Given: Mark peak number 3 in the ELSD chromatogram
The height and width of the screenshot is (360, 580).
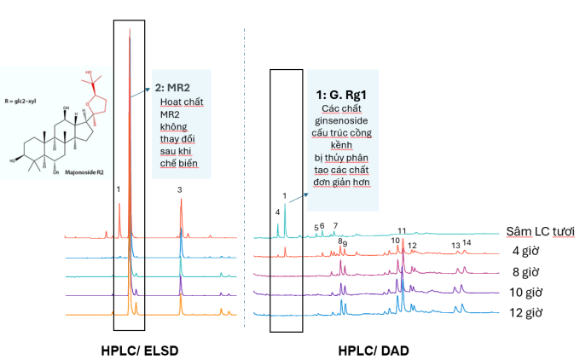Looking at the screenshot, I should (x=180, y=190).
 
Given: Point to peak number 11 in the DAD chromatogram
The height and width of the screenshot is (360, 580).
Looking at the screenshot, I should (x=402, y=230).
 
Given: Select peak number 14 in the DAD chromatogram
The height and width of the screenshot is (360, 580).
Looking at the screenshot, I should (x=467, y=242).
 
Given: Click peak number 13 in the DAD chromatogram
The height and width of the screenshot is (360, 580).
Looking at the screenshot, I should (x=455, y=245).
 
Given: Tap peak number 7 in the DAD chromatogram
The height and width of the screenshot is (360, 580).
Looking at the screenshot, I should (x=335, y=225).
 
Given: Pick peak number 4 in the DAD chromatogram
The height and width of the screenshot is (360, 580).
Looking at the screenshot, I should (x=277, y=212).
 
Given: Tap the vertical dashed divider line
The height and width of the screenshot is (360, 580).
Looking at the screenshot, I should (x=245, y=171).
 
